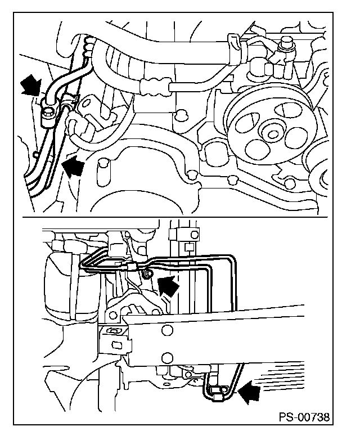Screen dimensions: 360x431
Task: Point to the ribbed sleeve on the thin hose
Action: [x=155, y=87]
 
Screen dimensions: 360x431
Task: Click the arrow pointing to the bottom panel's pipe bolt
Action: [x=168, y=288]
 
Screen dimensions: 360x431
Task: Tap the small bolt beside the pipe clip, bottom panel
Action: [x=148, y=273]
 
